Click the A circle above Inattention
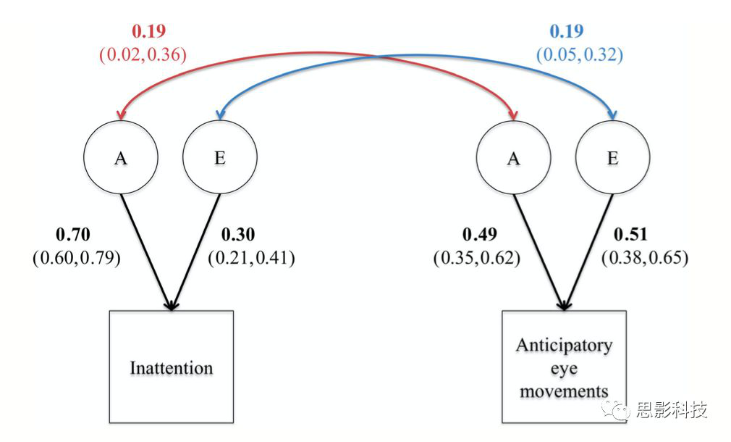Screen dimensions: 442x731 (121, 158)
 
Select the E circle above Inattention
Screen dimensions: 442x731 (220, 158)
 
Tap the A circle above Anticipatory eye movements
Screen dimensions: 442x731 (514, 158)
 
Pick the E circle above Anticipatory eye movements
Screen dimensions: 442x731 (613, 158)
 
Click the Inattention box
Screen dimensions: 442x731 (172, 367)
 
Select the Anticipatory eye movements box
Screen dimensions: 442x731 (564, 367)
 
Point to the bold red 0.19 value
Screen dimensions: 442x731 (148, 31)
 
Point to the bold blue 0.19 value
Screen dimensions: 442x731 (566, 31)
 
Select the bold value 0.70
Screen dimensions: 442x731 (72, 235)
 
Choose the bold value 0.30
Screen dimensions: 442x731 (237, 235)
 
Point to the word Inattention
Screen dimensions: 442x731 (172, 368)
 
